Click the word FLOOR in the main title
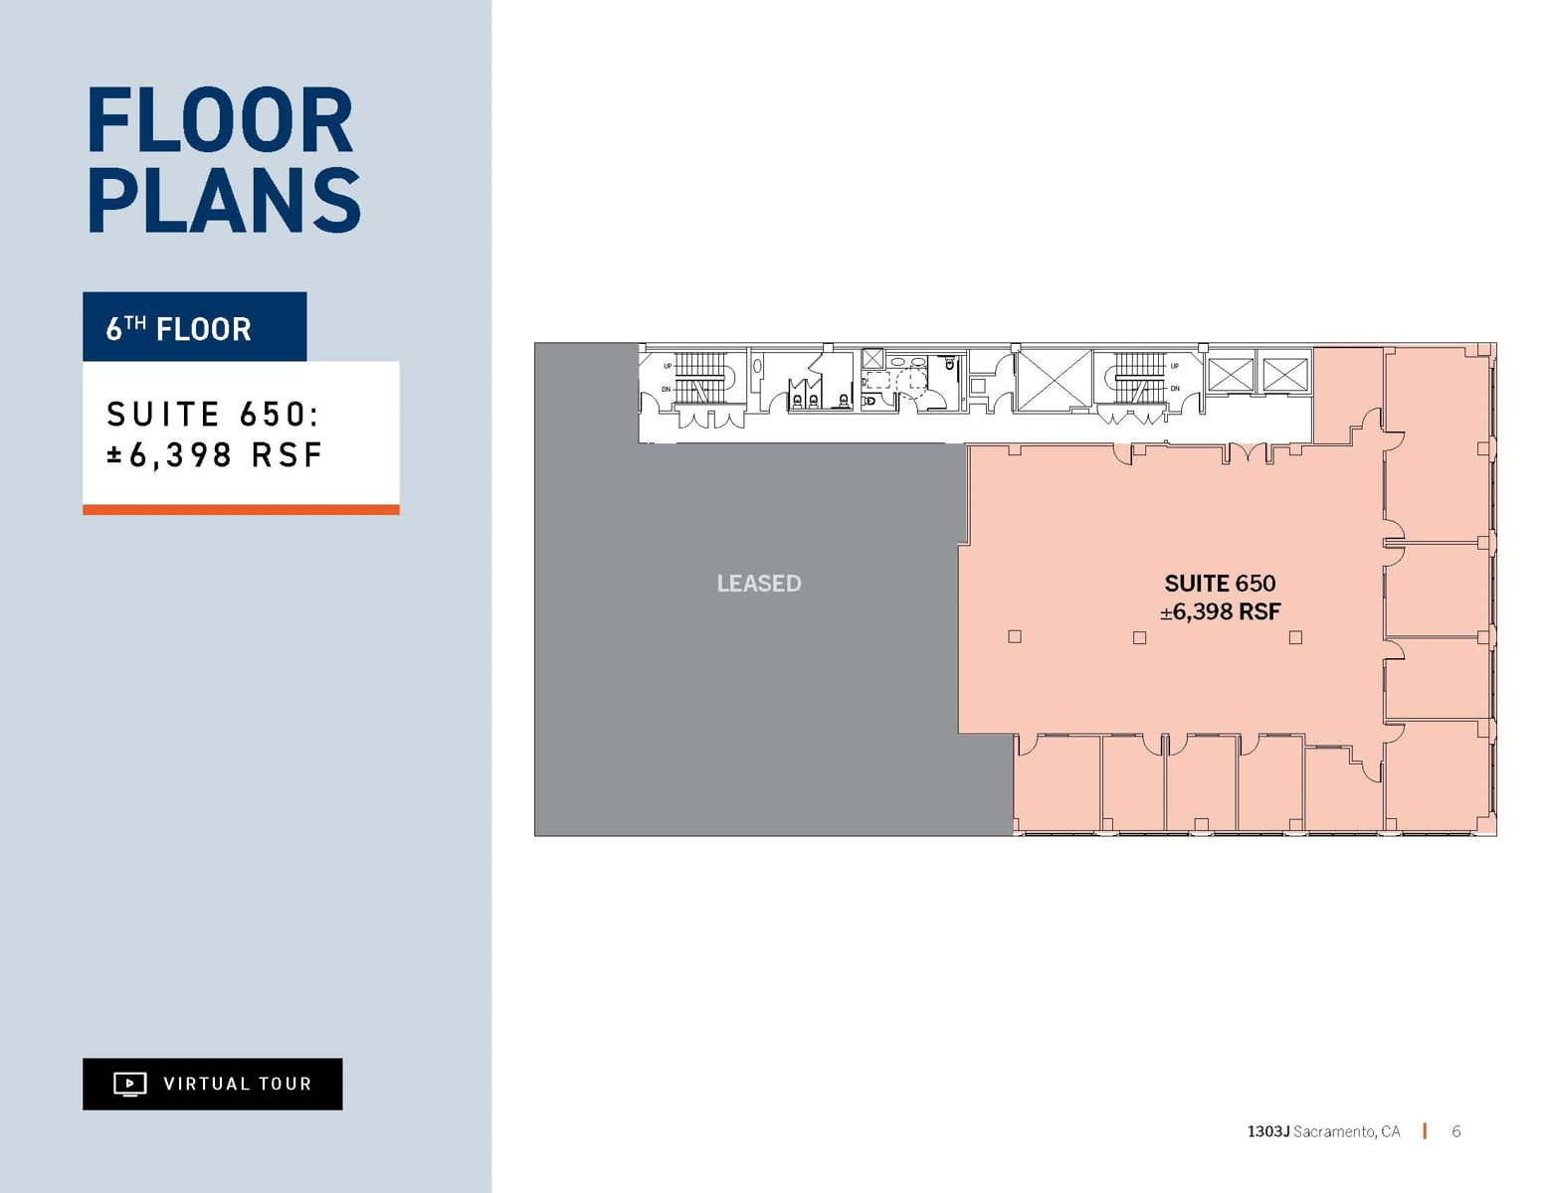point(220,121)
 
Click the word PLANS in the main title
point(224,201)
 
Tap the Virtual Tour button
point(212,1084)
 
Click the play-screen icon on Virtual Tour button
point(129,1084)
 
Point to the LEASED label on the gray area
point(759,584)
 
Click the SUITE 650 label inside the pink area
point(1220,584)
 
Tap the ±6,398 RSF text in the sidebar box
point(215,455)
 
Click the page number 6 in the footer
point(1455,1131)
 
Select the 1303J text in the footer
point(1267,1131)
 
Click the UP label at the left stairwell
point(668,366)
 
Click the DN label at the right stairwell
point(1175,389)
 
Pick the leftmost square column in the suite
point(1015,636)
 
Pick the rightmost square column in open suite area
point(1295,637)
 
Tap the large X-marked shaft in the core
point(1054,379)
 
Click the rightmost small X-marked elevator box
point(1285,375)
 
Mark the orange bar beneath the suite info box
point(241,510)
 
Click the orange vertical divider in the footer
point(1425,1131)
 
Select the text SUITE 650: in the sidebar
point(213,414)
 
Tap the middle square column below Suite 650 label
point(1140,637)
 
